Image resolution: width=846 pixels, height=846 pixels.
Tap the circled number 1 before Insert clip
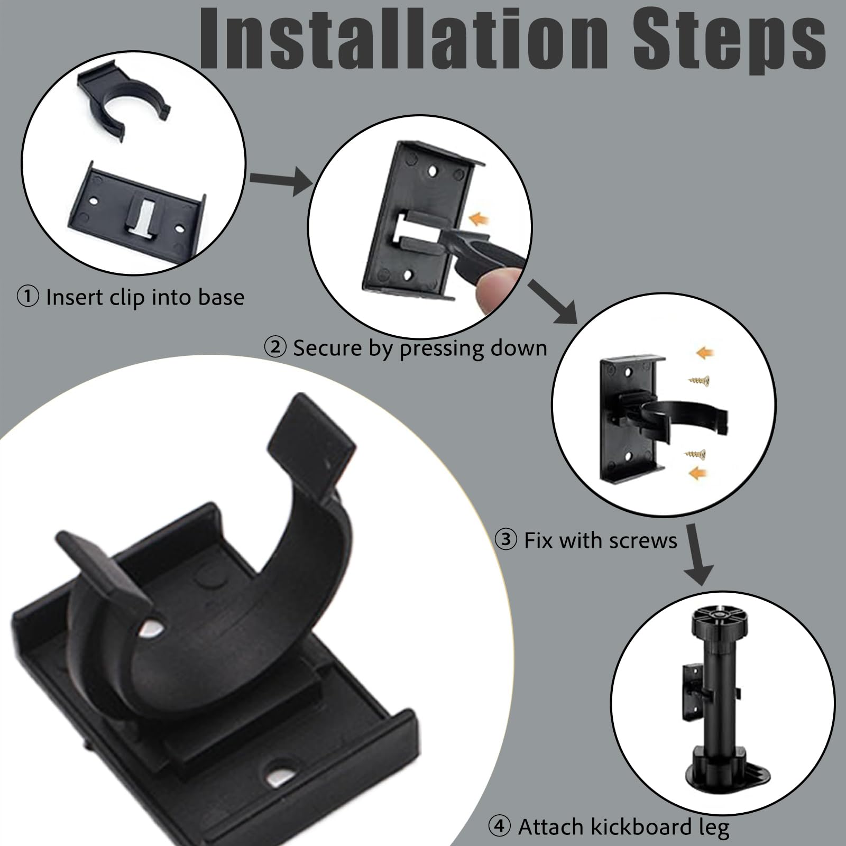click(x=28, y=297)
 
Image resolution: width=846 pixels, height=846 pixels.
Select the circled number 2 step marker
click(x=275, y=348)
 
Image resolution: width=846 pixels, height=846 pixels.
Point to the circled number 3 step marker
click(x=506, y=540)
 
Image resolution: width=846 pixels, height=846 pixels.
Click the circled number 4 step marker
click(x=500, y=826)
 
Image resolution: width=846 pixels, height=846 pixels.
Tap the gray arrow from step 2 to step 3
click(x=554, y=302)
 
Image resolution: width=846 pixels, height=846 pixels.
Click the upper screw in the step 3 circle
click(x=698, y=379)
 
